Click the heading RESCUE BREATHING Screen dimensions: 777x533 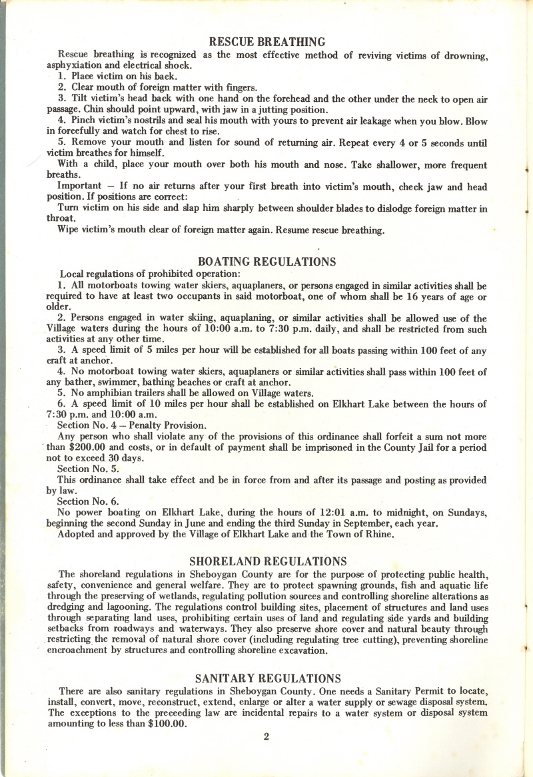click(x=266, y=43)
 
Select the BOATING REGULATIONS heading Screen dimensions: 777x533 click(x=266, y=262)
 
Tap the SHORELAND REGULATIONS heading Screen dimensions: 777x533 click(x=268, y=561)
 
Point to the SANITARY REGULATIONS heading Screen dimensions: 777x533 click(x=268, y=678)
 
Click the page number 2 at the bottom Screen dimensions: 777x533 click(x=266, y=736)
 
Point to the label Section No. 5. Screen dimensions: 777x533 click(x=89, y=469)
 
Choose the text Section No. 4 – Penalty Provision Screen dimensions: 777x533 click(x=131, y=425)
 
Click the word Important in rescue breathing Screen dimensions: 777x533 click(x=79, y=186)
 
